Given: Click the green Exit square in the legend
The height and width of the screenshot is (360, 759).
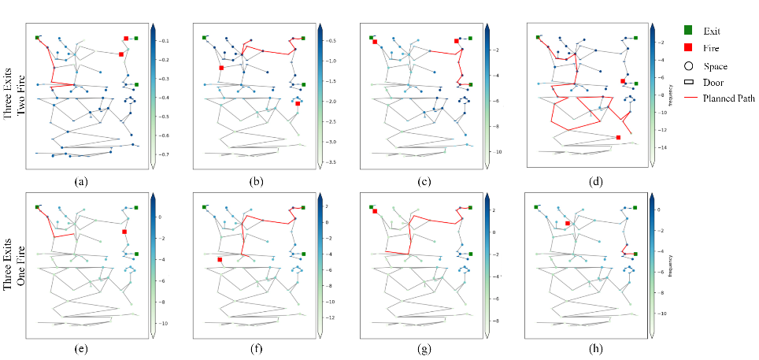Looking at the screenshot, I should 690,31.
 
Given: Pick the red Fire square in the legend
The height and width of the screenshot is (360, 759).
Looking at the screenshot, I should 690,48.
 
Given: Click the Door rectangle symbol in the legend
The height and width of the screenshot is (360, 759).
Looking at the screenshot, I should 690,82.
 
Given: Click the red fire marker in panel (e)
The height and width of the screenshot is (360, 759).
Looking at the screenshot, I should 124,232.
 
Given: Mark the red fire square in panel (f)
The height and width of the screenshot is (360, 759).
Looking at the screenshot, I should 220,259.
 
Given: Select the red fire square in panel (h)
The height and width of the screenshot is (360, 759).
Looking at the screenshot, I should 568,224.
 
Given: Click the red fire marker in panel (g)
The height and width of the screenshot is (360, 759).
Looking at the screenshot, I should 376,211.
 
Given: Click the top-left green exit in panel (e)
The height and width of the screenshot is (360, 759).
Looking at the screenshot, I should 37,206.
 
